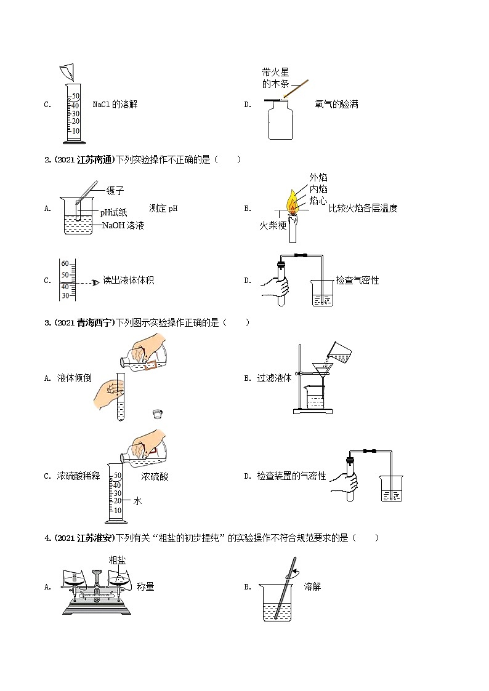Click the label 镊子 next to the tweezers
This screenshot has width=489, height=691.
tap(115, 191)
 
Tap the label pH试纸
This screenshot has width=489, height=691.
tap(114, 212)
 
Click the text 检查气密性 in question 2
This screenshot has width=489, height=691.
tap(357, 280)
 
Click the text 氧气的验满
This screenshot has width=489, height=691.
tap(336, 104)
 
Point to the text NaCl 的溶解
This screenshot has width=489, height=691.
tap(115, 104)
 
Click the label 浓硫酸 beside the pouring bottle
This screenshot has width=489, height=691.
tap(155, 476)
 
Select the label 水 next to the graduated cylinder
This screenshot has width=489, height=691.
tap(138, 501)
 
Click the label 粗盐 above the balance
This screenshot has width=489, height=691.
tap(117, 560)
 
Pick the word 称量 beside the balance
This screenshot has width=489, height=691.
tap(146, 586)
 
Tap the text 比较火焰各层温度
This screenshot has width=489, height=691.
tap(363, 208)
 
